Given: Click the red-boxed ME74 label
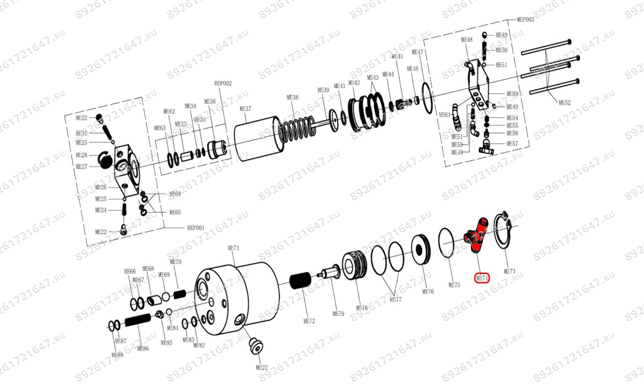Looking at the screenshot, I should (x=482, y=278).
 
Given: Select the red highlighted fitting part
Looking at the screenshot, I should (x=476, y=234).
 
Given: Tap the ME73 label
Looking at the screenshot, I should (x=509, y=271).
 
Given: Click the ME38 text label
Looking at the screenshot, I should (x=292, y=97).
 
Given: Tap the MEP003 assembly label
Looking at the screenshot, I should (x=525, y=19).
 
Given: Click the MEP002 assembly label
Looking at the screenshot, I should (x=223, y=83).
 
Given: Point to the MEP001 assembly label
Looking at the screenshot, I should (x=195, y=227).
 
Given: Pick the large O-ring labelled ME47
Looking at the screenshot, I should (x=426, y=98).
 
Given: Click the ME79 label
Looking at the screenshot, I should (x=338, y=313).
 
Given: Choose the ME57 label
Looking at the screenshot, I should (x=512, y=144).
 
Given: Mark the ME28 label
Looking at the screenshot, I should (x=82, y=155).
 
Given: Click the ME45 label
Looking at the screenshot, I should (x=397, y=56).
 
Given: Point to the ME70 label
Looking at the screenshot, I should (x=176, y=262).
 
